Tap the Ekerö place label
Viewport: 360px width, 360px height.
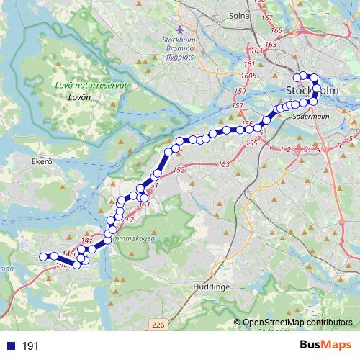(x=42, y=163)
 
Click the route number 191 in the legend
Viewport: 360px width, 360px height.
(x=30, y=346)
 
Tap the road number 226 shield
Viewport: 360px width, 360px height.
(x=158, y=326)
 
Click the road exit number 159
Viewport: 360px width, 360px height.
(x=240, y=91)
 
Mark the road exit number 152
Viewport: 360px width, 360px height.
(x=179, y=170)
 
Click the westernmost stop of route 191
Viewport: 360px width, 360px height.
(x=42, y=256)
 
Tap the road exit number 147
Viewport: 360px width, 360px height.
(x=88, y=240)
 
